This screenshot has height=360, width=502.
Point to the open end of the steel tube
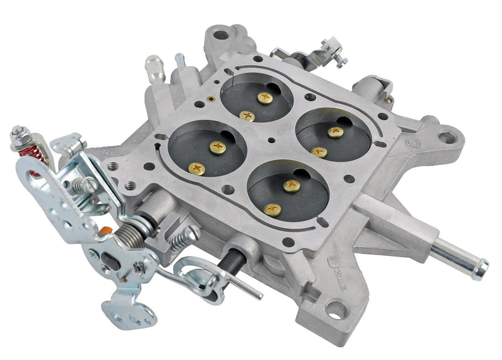[481, 269]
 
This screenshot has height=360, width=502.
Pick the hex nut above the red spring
[17, 134]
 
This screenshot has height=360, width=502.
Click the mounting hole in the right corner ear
[447, 135]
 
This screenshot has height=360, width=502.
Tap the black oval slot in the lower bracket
[110, 264]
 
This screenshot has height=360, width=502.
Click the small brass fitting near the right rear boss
[389, 98]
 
